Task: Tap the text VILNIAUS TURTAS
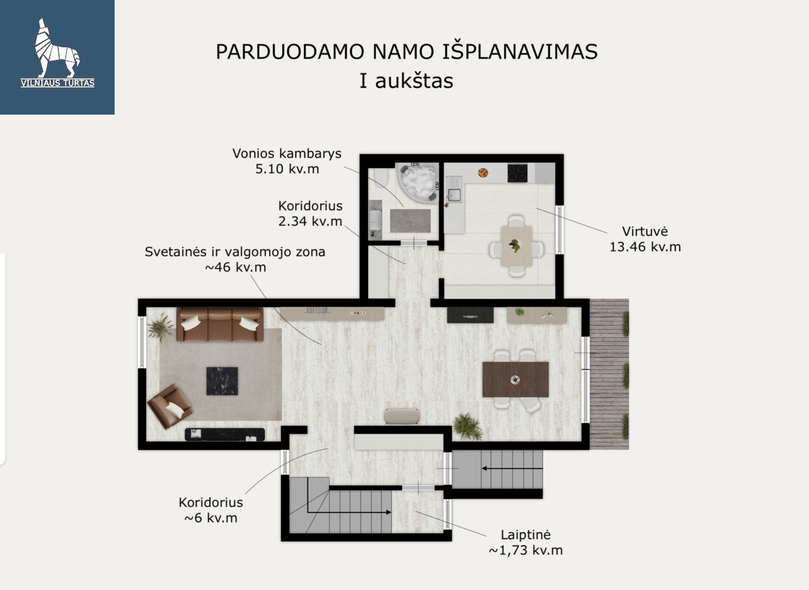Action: [x=57, y=83]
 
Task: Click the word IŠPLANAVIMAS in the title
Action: [x=520, y=52]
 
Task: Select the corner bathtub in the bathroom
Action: [x=417, y=182]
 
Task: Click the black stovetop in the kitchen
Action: [x=517, y=173]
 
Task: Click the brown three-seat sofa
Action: [x=220, y=324]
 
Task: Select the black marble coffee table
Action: [x=222, y=381]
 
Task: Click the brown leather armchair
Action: [x=170, y=406]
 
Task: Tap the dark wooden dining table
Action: [x=515, y=380]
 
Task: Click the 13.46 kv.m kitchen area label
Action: [x=645, y=247]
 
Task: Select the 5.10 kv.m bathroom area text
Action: [x=287, y=169]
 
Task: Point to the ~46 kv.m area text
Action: [x=235, y=268]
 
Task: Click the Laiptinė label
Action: [x=525, y=535]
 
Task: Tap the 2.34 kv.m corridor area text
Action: [x=310, y=221]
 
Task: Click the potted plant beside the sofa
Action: [x=160, y=327]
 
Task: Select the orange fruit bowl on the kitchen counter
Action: [x=483, y=173]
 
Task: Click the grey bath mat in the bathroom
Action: [x=411, y=220]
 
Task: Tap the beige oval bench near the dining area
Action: [x=402, y=416]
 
